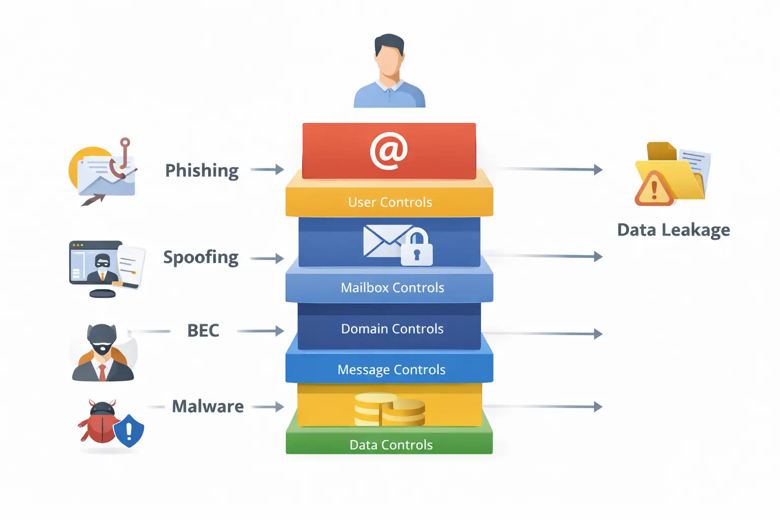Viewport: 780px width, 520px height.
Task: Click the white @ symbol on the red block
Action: [388, 150]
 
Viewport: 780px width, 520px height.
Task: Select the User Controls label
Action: [390, 202]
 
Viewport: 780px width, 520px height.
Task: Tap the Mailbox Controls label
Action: [392, 287]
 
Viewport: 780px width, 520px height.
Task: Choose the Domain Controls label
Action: [392, 329]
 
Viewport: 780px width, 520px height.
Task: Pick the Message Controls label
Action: [391, 370]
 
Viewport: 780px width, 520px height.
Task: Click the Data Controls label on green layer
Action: [391, 445]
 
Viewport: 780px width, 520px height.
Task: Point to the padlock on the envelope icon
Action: [417, 248]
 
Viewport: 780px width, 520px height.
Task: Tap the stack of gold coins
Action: [389, 409]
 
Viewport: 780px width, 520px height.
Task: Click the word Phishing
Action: [202, 171]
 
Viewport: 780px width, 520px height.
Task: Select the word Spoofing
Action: [201, 257]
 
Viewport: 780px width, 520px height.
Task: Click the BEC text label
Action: [203, 331]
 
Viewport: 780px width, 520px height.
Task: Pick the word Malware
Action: [208, 406]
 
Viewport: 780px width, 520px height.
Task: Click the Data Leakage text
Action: [673, 230]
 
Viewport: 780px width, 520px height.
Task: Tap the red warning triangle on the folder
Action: [654, 189]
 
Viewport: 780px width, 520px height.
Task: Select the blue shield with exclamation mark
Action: [128, 431]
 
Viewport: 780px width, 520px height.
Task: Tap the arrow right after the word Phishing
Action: [267, 170]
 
